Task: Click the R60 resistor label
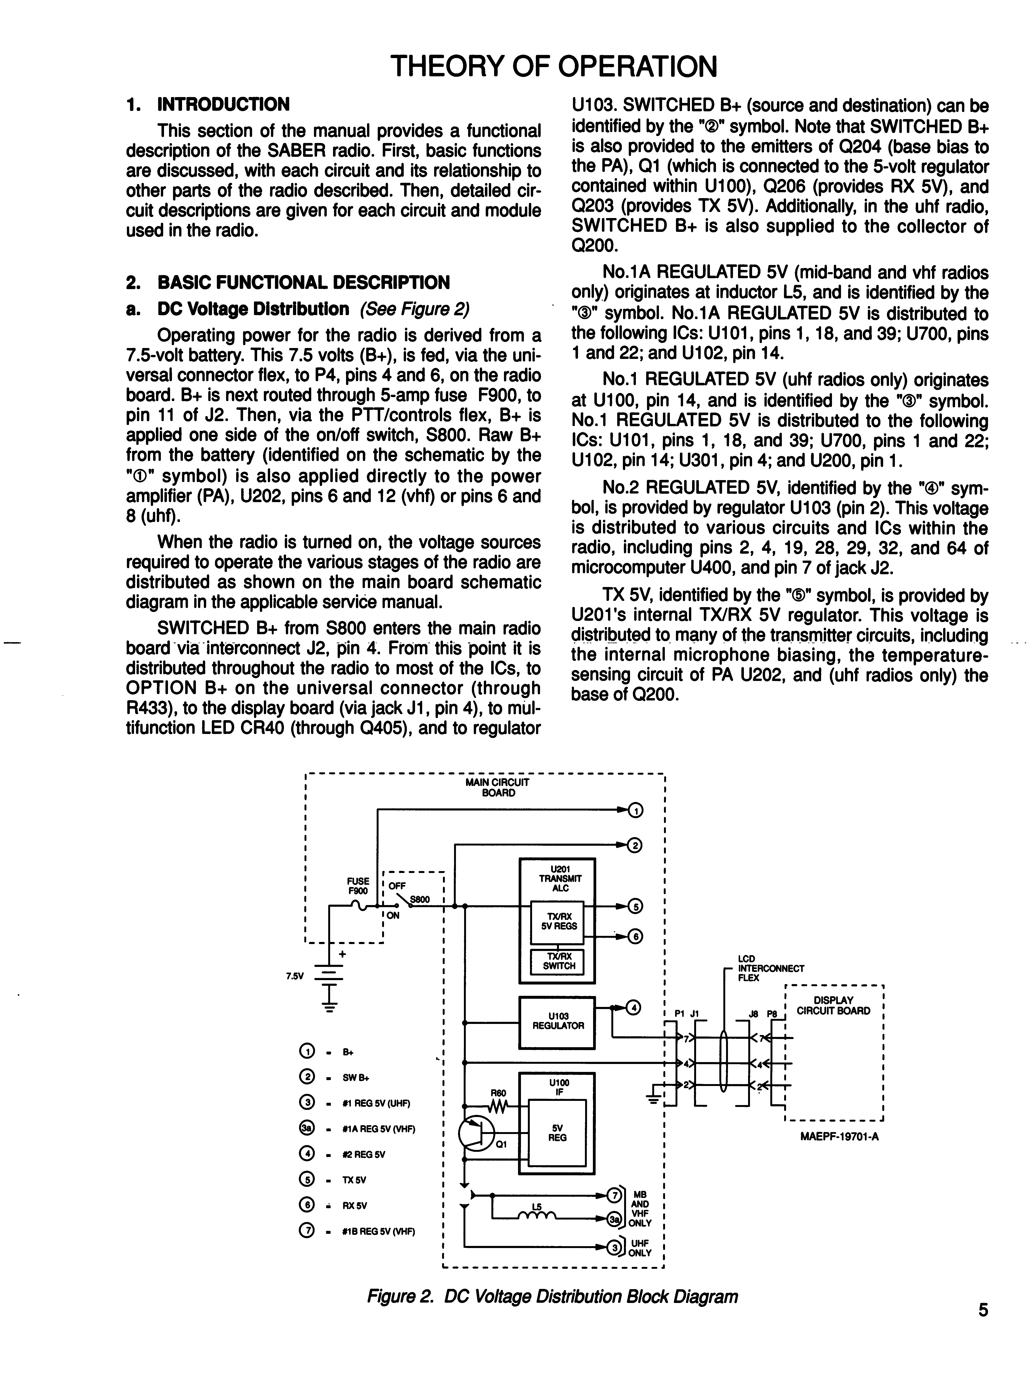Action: click(x=498, y=1092)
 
